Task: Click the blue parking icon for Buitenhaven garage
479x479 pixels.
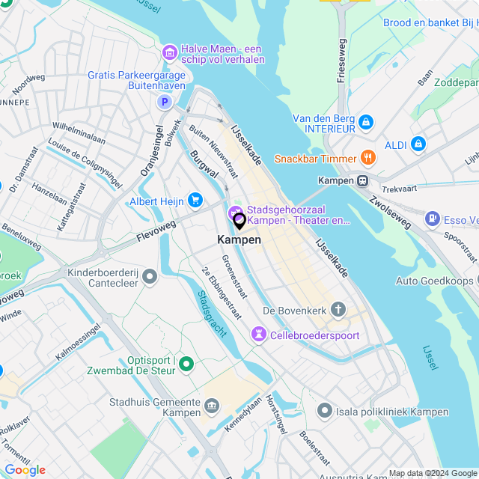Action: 162,101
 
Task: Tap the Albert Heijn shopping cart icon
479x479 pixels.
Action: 195,200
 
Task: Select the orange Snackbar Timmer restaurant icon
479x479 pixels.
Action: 367,158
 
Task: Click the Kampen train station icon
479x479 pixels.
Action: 363,180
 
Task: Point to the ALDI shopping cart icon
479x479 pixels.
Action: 418,143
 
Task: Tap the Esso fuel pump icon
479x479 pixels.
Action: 432,219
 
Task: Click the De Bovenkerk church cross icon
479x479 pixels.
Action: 338,310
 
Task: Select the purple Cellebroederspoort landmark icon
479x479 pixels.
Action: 259,335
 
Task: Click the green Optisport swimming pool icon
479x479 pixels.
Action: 186,365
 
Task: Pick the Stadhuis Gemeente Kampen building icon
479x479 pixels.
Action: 213,407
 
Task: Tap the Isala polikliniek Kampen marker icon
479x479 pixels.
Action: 324,410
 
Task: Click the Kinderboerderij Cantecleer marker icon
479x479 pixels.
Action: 150,278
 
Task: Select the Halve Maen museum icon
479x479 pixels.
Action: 169,52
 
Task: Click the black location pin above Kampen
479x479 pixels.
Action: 239,221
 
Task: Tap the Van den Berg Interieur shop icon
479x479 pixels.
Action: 365,122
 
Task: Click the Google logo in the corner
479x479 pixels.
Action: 25,469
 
